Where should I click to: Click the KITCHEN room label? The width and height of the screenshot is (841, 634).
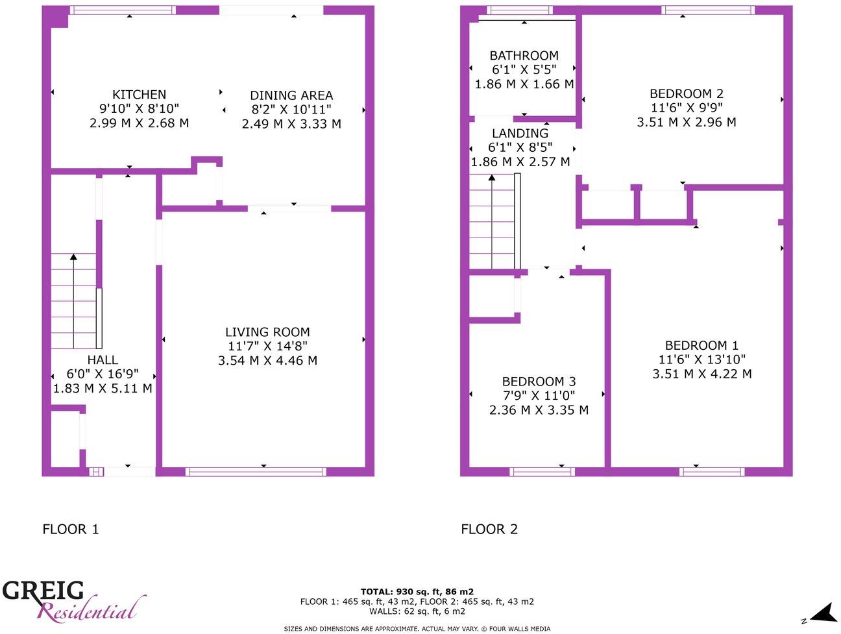click(139, 95)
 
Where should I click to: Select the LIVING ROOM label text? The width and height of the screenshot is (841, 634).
click(267, 332)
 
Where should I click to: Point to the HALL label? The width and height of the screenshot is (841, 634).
click(103, 360)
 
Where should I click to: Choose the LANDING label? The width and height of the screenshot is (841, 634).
click(520, 134)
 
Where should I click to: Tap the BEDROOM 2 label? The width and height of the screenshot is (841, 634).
click(687, 94)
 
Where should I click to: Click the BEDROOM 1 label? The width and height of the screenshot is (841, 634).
click(701, 346)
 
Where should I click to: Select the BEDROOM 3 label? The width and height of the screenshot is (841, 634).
click(539, 382)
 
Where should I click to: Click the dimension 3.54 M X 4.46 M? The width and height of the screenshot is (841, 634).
click(267, 361)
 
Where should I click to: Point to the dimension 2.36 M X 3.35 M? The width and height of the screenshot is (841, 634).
click(539, 410)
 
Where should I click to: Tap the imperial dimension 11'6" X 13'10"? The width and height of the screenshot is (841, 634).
click(701, 360)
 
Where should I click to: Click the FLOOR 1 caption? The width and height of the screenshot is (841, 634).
click(71, 530)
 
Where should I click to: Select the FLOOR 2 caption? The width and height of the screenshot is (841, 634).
click(489, 530)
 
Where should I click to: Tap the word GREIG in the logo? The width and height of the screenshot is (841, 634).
click(43, 591)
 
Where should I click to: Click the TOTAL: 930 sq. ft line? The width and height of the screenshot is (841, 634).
click(417, 592)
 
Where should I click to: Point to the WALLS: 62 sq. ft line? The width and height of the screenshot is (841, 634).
click(417, 611)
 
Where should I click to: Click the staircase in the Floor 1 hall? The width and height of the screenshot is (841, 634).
click(73, 302)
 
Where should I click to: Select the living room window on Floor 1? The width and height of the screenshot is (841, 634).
click(256, 472)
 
